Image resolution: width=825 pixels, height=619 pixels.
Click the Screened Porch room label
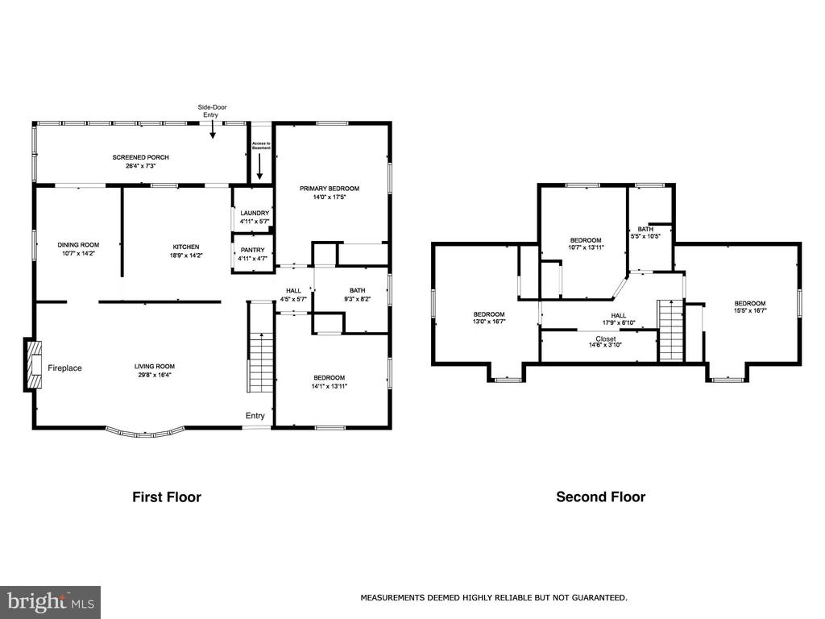[140, 157]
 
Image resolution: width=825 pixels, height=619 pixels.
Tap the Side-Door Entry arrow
[213, 130]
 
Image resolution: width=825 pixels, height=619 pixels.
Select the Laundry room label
[255, 213]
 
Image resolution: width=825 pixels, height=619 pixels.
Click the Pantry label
[252, 250]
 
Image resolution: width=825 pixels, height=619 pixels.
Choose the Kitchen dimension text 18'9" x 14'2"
[186, 255]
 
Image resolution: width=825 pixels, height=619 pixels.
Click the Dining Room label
[78, 245]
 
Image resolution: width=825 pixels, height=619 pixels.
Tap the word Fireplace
[64, 368]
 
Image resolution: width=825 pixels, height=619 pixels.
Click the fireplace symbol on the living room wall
[32, 365]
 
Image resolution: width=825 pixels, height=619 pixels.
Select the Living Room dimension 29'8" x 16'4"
[155, 375]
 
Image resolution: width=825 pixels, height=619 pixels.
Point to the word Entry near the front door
[255, 416]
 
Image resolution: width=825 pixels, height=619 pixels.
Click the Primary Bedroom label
[330, 189]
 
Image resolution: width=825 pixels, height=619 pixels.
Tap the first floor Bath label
[357, 290]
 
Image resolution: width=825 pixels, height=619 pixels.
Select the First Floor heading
[167, 496]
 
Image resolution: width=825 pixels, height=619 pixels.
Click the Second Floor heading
[601, 496]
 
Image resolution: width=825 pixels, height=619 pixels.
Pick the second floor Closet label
[606, 339]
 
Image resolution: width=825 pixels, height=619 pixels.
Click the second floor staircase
[671, 330]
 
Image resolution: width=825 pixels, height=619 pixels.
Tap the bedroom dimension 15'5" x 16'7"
[750, 310]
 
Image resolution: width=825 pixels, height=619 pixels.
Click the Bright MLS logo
[51, 602]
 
